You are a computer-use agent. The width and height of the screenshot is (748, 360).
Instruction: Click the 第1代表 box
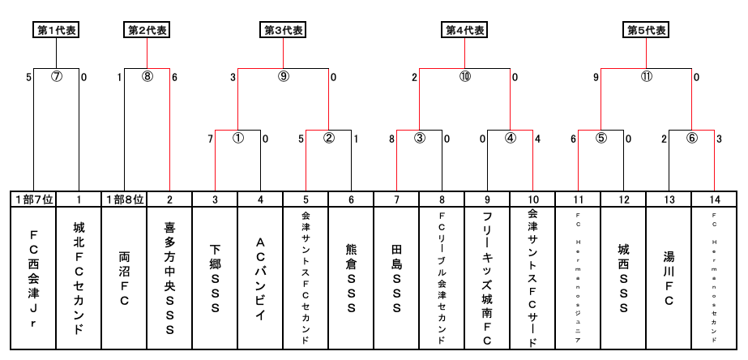pyautogui.click(x=56, y=30)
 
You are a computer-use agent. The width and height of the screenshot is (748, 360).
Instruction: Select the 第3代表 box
pyautogui.click(x=284, y=30)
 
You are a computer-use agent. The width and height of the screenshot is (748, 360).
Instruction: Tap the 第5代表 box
pyautogui.click(x=647, y=30)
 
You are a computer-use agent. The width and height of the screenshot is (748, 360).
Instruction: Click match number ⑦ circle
pyautogui.click(x=57, y=78)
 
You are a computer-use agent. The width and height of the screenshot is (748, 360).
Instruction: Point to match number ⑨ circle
pyautogui.click(x=284, y=78)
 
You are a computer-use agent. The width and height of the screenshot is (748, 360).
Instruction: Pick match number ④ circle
pyautogui.click(x=511, y=138)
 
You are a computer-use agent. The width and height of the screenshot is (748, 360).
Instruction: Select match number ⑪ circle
pyautogui.click(x=647, y=78)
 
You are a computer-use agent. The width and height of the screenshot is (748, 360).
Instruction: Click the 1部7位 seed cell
pyautogui.click(x=33, y=199)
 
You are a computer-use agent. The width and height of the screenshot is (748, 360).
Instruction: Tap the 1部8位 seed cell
pyautogui.click(x=124, y=199)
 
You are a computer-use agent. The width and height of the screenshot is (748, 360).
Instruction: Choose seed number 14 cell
pyautogui.click(x=714, y=199)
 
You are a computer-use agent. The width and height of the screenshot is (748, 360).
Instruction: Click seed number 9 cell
pyautogui.click(x=487, y=199)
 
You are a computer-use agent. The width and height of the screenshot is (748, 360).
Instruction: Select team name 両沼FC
pyautogui.click(x=124, y=279)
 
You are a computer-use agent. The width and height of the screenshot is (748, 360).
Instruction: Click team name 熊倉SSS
pyautogui.click(x=351, y=279)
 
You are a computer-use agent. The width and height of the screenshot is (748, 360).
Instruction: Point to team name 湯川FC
pyautogui.click(x=669, y=279)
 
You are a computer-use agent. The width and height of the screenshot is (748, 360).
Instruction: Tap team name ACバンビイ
pyautogui.click(x=260, y=279)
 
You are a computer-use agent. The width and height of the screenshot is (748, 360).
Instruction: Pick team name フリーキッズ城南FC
pyautogui.click(x=487, y=279)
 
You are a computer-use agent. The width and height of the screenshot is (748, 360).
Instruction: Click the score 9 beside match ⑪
pyautogui.click(x=596, y=78)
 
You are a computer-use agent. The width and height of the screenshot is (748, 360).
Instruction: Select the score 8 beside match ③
pyautogui.click(x=391, y=139)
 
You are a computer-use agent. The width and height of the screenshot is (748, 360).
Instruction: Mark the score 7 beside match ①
pyautogui.click(x=210, y=139)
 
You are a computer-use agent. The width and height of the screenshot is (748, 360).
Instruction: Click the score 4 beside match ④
pyautogui.click(x=537, y=139)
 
